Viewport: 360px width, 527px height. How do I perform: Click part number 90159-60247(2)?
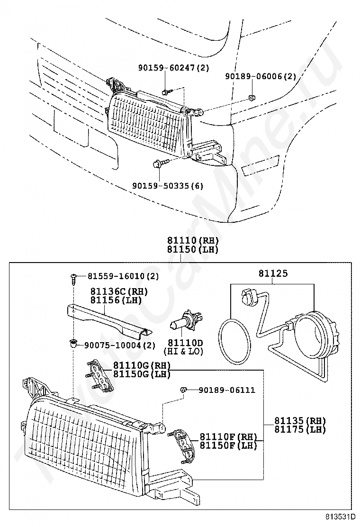[174, 68]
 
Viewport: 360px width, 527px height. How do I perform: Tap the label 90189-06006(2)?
[261, 77]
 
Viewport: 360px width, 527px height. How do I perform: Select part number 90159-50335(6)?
[168, 185]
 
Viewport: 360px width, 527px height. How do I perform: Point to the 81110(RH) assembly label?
[193, 241]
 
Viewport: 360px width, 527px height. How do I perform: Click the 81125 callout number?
[273, 273]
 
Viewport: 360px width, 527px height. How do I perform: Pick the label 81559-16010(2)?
[123, 276]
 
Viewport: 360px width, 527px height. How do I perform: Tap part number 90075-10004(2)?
[120, 345]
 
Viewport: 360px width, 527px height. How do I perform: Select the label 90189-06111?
[227, 390]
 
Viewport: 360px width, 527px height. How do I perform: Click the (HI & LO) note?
[183, 352]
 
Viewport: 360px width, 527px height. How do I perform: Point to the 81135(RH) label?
[300, 420]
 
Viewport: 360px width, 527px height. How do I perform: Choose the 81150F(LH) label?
[228, 445]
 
